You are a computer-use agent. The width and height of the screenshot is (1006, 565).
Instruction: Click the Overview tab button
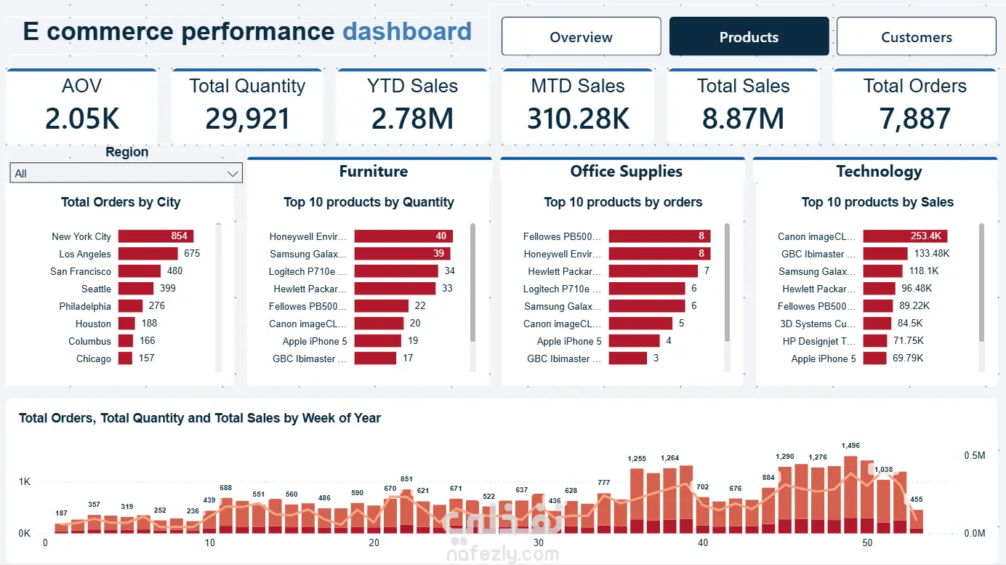pos(582,36)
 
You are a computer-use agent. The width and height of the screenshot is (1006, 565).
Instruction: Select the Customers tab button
pos(916,36)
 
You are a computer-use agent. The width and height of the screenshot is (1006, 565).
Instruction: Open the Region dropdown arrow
pos(232,173)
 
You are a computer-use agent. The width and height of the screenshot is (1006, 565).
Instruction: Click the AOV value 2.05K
pos(81,119)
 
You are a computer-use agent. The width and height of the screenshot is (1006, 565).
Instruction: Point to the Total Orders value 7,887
pos(914,119)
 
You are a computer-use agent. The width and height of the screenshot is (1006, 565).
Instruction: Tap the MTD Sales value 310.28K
pos(578,119)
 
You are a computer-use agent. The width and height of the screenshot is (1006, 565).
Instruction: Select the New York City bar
pos(156,236)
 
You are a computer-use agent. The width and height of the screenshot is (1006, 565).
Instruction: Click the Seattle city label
pos(96,289)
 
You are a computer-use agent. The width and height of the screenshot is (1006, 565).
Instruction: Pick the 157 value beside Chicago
pos(146,358)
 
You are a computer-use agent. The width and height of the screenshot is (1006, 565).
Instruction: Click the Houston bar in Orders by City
pos(126,324)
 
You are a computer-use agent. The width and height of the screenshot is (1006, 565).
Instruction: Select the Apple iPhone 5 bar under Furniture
pos(378,341)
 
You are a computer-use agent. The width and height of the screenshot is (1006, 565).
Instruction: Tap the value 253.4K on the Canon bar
pos(925,236)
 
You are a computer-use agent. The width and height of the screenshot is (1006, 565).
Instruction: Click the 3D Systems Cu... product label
pos(818,324)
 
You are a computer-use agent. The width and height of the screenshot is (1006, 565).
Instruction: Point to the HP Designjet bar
pos(875,341)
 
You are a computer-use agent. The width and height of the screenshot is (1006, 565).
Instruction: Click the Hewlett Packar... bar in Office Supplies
pos(653,271)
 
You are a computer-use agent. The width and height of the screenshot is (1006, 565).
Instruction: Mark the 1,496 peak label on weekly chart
pos(850,446)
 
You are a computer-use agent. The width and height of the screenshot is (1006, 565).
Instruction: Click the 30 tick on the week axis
pos(539,542)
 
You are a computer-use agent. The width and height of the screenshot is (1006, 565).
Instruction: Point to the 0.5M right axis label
pos(975,455)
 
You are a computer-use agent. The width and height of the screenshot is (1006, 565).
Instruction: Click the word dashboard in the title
pos(407,31)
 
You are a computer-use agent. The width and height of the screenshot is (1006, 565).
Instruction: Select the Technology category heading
pos(879,172)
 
